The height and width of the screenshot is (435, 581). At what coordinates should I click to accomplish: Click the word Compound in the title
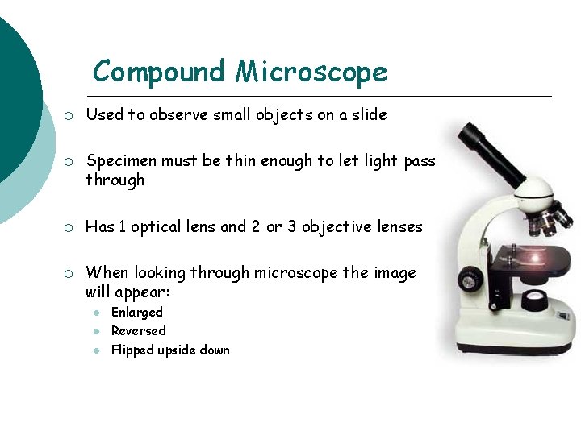[159, 72]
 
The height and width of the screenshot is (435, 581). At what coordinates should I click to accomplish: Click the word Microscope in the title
[311, 72]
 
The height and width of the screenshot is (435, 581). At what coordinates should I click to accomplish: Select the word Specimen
[121, 161]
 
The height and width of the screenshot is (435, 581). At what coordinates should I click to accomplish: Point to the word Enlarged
[136, 312]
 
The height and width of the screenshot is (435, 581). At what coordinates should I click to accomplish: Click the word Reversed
[138, 330]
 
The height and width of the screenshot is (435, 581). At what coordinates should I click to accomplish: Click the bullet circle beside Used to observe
[69, 115]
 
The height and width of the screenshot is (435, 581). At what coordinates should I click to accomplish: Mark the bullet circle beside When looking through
[69, 273]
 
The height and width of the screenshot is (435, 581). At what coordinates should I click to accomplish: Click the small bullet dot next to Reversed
[95, 331]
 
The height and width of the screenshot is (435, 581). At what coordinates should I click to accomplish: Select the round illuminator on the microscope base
[533, 301]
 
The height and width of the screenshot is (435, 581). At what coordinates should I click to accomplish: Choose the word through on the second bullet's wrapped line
[115, 180]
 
